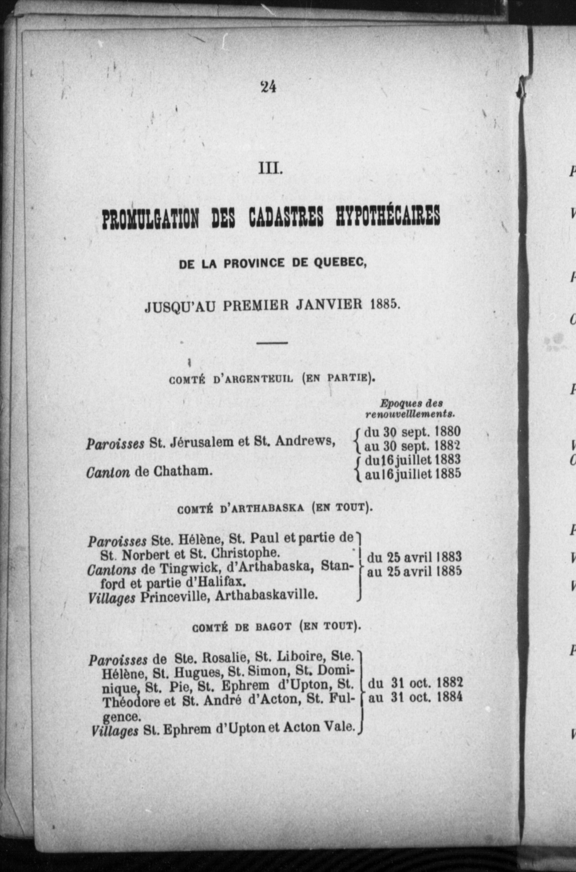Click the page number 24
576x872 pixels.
269,87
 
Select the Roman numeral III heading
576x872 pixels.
270,169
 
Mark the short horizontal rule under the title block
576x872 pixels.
272,343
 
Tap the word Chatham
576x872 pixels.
183,471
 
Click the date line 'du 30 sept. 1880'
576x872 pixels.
412,432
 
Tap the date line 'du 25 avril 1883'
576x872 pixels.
414,557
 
